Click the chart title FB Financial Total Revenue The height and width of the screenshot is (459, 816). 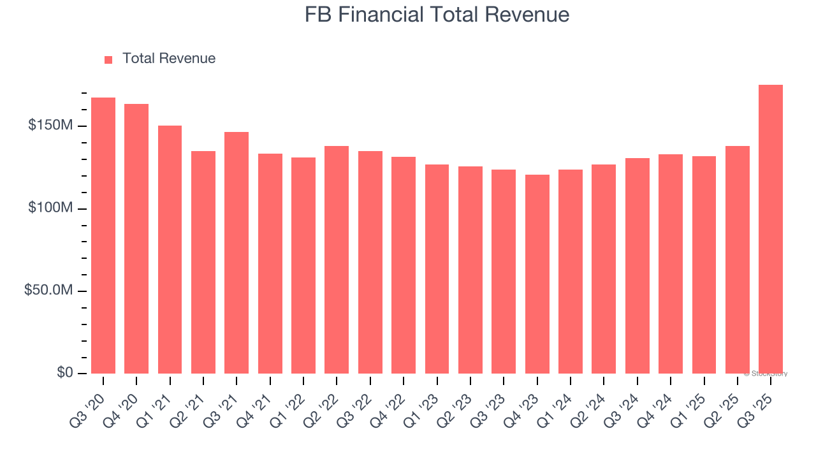pyautogui.click(x=437, y=15)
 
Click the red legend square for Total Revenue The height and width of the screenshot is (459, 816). pyautogui.click(x=108, y=59)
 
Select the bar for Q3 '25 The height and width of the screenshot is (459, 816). pyautogui.click(x=771, y=229)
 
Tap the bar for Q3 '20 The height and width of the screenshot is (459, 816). pyautogui.click(x=103, y=236)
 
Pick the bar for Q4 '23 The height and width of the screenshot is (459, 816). pyautogui.click(x=537, y=274)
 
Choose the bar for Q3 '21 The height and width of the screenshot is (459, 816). pyautogui.click(x=237, y=252)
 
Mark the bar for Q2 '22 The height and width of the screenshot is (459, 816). pyautogui.click(x=337, y=259)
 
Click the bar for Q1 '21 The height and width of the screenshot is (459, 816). pyautogui.click(x=170, y=249)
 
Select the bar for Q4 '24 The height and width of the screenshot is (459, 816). pyautogui.click(x=671, y=264)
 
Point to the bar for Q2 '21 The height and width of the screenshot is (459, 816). pyautogui.click(x=203, y=262)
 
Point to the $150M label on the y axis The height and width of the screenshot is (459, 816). pyautogui.click(x=50, y=126)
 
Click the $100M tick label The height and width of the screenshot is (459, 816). pyautogui.click(x=50, y=208)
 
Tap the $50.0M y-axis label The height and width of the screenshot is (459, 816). pyautogui.click(x=48, y=291)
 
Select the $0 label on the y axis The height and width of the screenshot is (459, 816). pyautogui.click(x=64, y=373)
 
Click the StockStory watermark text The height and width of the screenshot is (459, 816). pyautogui.click(x=766, y=374)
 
